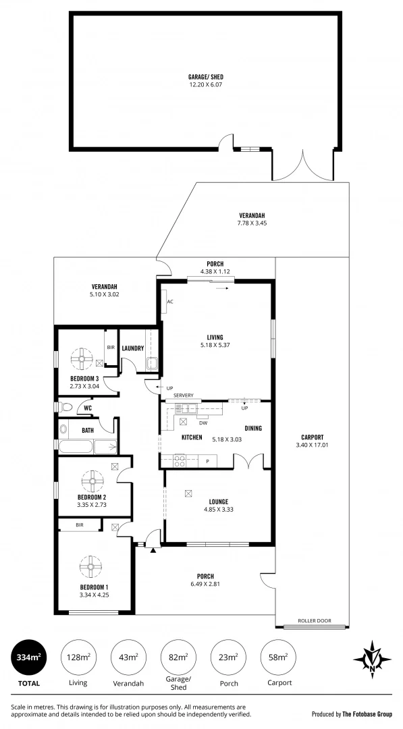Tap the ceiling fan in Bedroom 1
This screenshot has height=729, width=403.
[x=90, y=566]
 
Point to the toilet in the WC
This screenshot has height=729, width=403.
[x=65, y=408]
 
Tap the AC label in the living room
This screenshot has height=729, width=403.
[x=170, y=302]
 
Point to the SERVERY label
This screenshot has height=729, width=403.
[x=184, y=396]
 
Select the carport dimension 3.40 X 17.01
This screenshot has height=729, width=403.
[x=310, y=445]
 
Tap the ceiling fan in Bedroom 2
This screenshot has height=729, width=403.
[x=92, y=481]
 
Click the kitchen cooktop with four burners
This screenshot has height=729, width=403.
[x=180, y=460]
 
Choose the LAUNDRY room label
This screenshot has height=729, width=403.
[x=133, y=348]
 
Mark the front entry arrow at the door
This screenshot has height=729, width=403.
[x=154, y=551]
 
